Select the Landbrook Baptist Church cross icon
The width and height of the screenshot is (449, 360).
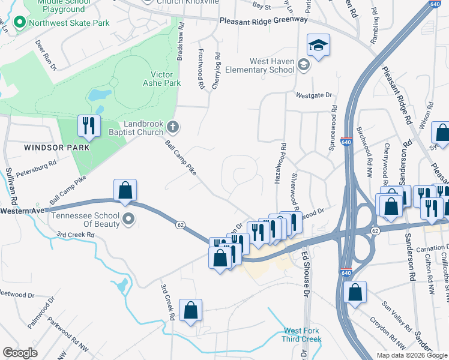(x=173, y=127)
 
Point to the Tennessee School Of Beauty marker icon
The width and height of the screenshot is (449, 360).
(x=128, y=221)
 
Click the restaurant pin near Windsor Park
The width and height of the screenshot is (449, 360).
(x=88, y=126)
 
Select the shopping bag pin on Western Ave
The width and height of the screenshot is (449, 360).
(x=125, y=190)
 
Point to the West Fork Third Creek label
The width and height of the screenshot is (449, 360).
(x=302, y=335)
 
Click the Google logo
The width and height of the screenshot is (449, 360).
(x=20, y=353)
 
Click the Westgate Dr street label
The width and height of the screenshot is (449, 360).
(x=313, y=95)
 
